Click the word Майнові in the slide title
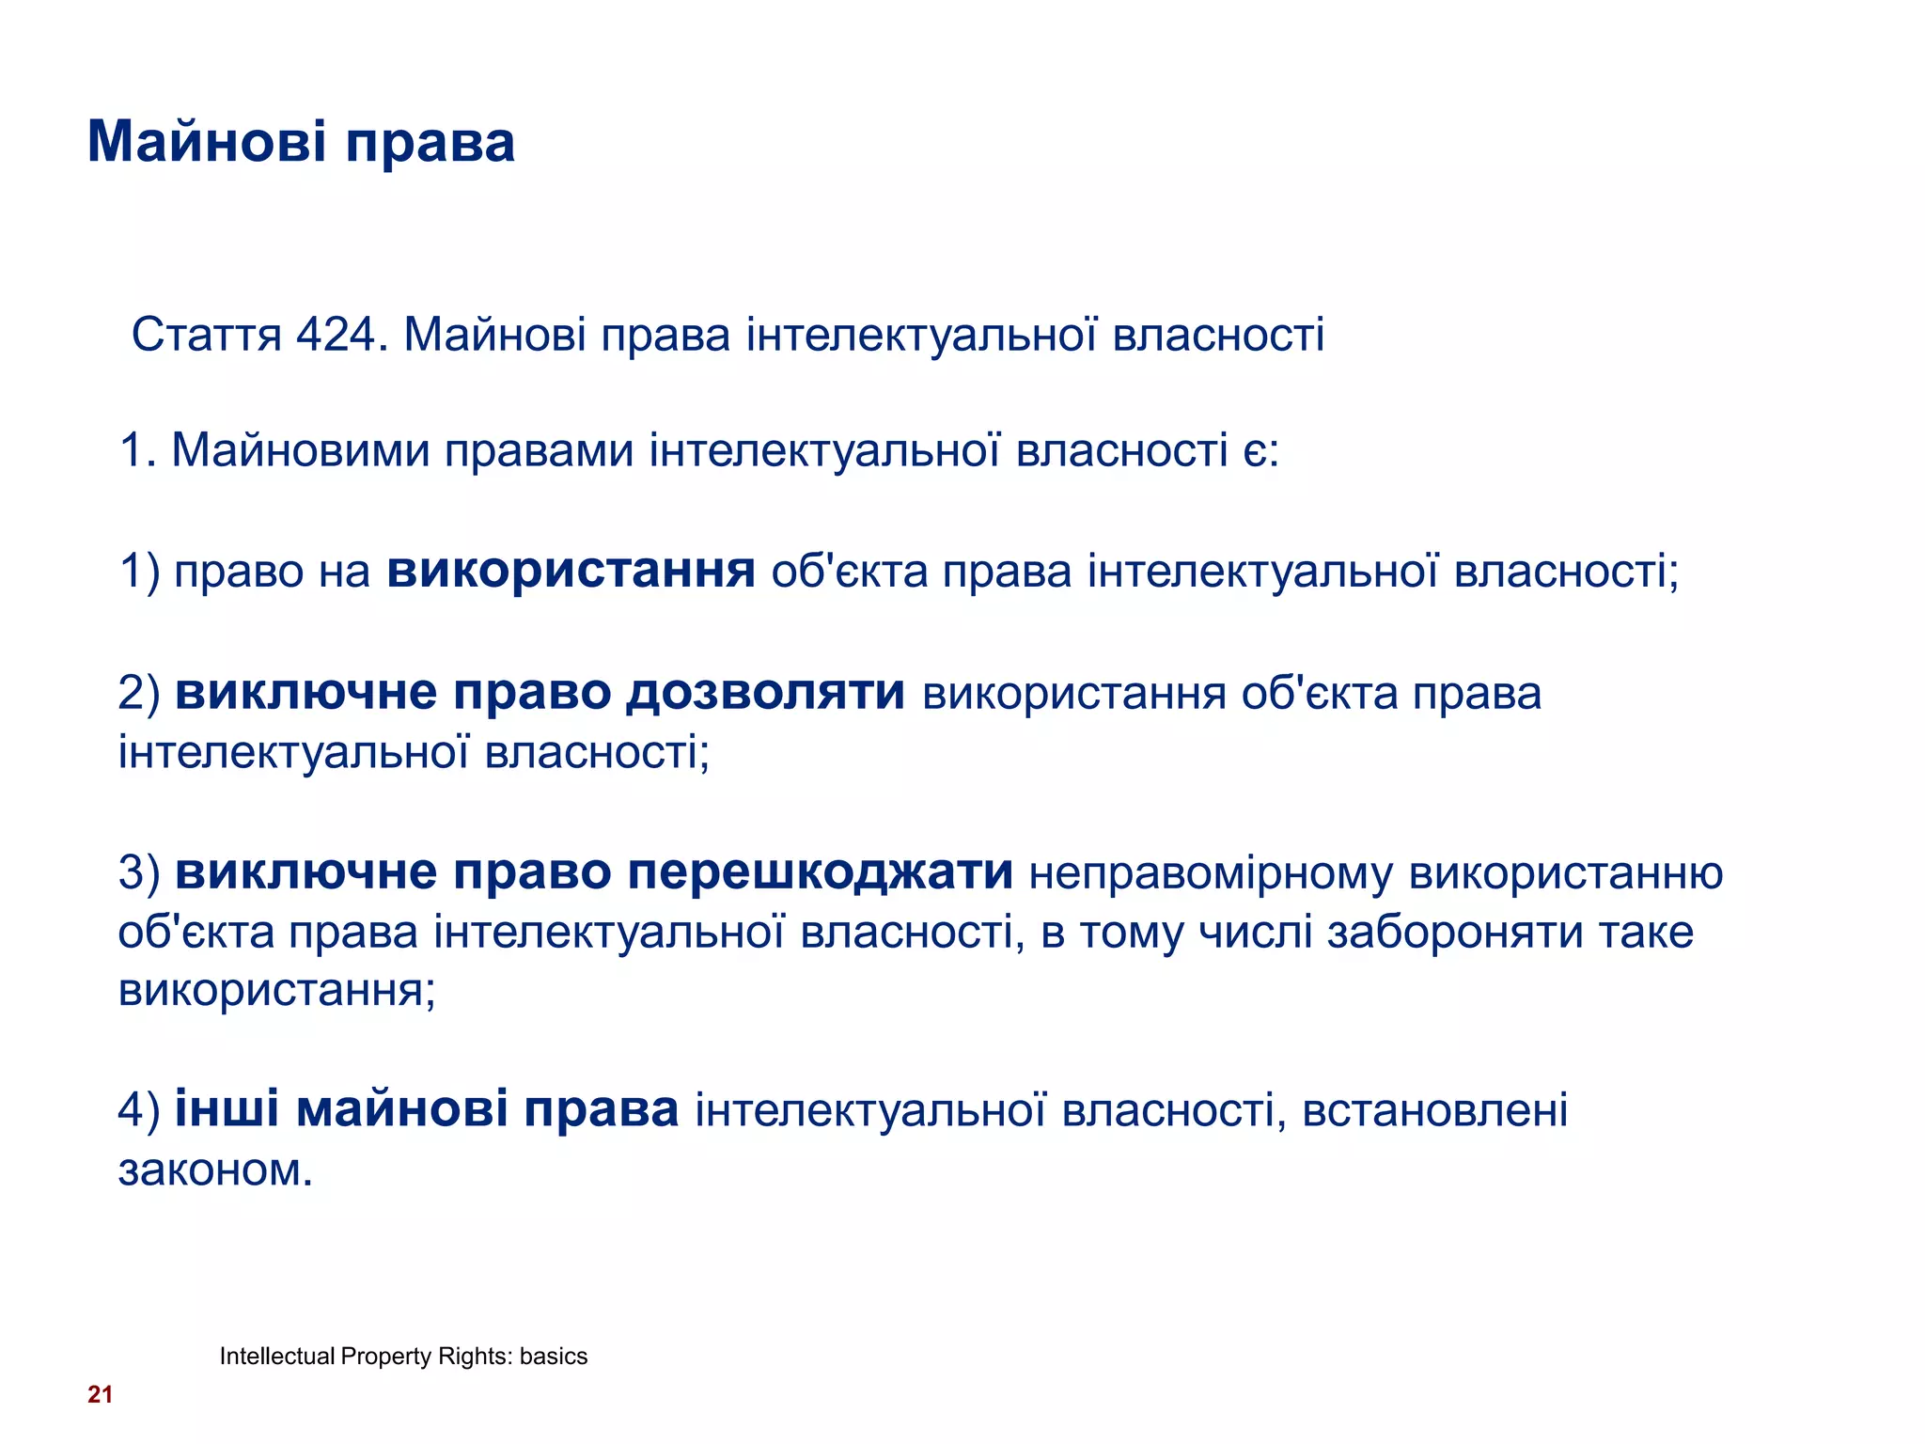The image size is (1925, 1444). (x=207, y=143)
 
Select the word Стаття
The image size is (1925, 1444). (x=206, y=336)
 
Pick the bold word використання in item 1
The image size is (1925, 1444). (x=571, y=571)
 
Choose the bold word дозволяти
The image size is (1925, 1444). (x=765, y=694)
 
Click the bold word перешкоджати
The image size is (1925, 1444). (x=820, y=872)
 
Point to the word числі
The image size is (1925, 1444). (x=1254, y=933)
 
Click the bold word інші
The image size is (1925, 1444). (x=227, y=1109)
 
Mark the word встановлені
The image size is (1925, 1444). (x=1434, y=1111)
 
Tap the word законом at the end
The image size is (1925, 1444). (x=214, y=1170)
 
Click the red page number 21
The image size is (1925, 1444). (x=101, y=1395)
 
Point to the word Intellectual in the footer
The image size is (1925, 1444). (x=277, y=1357)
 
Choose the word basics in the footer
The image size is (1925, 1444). (x=554, y=1357)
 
